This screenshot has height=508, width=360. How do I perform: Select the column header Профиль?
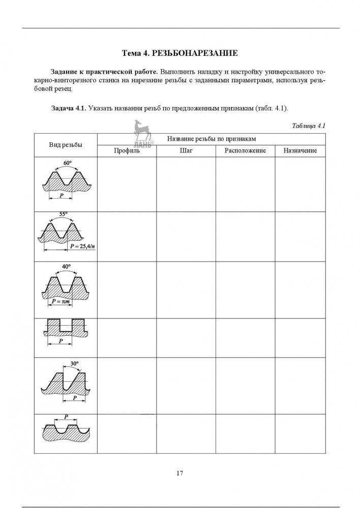coord(126,151)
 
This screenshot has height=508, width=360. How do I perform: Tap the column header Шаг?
coord(186,151)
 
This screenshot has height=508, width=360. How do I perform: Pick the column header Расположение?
coord(246,151)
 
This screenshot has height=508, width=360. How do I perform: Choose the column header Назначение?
coord(300,151)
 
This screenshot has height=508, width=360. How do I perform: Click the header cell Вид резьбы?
coord(65,145)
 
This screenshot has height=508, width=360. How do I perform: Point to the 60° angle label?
coord(67,163)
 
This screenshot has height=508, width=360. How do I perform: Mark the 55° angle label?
coord(64,214)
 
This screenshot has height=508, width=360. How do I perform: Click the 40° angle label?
coord(66,266)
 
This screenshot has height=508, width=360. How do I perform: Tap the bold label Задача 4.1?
coord(68,108)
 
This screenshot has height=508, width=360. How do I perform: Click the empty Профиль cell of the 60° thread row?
coord(126,184)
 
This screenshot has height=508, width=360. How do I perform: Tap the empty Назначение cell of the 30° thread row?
coord(300,386)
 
